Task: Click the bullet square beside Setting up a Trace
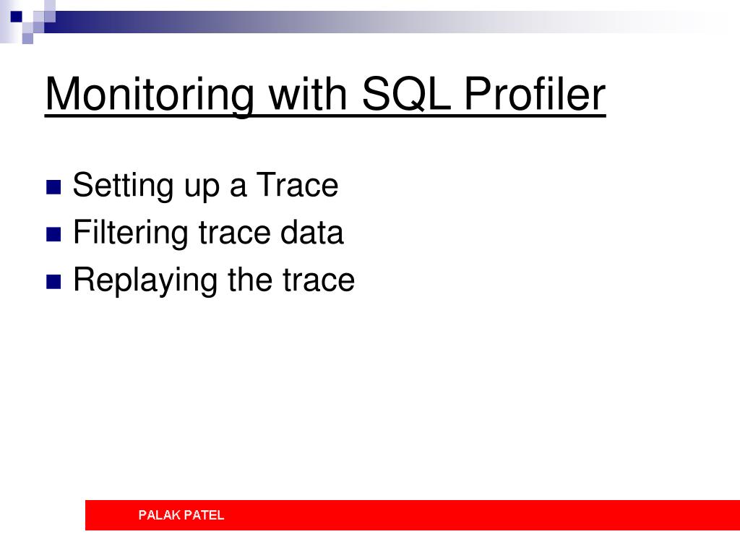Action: [53, 187]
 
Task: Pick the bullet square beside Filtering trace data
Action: [53, 235]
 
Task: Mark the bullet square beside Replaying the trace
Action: [53, 282]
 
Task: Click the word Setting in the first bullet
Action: [123, 186]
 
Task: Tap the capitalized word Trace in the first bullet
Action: [297, 184]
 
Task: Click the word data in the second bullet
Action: [311, 232]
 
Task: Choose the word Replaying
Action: [145, 280]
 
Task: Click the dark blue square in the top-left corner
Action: [17, 17]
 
